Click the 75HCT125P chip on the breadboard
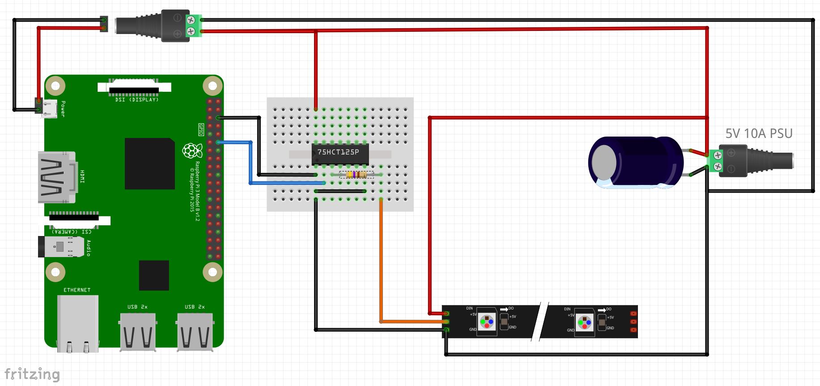click(340, 153)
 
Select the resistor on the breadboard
click(357, 175)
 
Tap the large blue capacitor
click(635, 162)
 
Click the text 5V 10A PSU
click(759, 133)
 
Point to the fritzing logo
click(32, 374)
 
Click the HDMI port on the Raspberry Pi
click(57, 177)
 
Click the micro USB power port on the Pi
click(49, 109)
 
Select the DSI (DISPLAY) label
click(136, 99)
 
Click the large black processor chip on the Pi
click(149, 163)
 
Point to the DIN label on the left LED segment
click(469, 308)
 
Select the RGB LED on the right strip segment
click(584, 322)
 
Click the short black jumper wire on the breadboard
click(340, 191)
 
